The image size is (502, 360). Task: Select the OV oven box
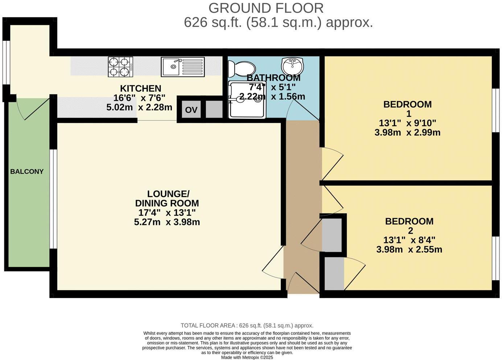point(191,110)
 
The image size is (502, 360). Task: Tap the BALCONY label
point(27,172)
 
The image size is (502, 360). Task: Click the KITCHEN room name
point(140,89)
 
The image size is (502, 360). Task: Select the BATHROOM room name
point(273,78)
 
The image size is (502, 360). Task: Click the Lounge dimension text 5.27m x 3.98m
point(167,222)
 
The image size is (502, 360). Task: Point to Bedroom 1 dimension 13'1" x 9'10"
point(407,123)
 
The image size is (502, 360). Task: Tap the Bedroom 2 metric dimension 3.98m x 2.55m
point(409,249)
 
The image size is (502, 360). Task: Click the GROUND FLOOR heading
point(266,8)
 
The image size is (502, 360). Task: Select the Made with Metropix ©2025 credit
point(247,357)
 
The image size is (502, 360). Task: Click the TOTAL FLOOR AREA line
point(247,326)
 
